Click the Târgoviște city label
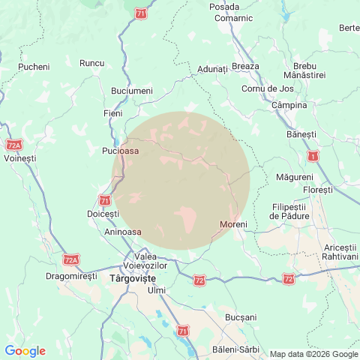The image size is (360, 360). [x=131, y=277]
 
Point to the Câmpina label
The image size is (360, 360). [x=289, y=105]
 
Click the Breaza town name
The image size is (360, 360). [x=245, y=66]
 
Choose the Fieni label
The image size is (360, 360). [x=112, y=113]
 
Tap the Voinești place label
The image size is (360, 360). [x=19, y=159]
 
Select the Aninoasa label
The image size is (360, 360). [x=124, y=232]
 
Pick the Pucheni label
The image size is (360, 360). [x=34, y=67]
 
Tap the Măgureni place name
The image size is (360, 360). [x=295, y=177]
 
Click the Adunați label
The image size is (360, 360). [x=212, y=69]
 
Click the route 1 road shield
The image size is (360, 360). [x=311, y=156]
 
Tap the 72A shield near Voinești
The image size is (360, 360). [x=13, y=145]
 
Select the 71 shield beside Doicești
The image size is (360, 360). [x=104, y=200]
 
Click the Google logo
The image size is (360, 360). [x=25, y=351]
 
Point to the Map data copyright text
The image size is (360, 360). [x=313, y=354]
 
